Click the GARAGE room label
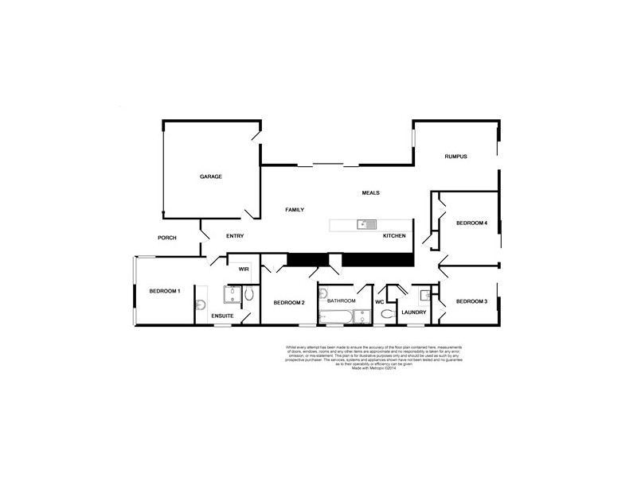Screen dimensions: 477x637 (210, 176)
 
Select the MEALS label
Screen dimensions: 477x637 (370, 193)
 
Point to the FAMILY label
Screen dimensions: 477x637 (295, 209)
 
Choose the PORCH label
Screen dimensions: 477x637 (166, 238)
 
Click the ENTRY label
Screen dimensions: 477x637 (234, 236)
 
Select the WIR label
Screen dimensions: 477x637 (244, 270)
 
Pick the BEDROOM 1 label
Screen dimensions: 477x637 (165, 291)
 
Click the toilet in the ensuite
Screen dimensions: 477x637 (249, 294)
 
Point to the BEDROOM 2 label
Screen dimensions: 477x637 (289, 303)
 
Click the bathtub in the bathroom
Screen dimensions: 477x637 (335, 317)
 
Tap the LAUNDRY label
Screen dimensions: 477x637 (414, 312)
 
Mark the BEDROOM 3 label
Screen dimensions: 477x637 (471, 302)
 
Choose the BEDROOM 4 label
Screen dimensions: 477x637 (471, 223)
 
